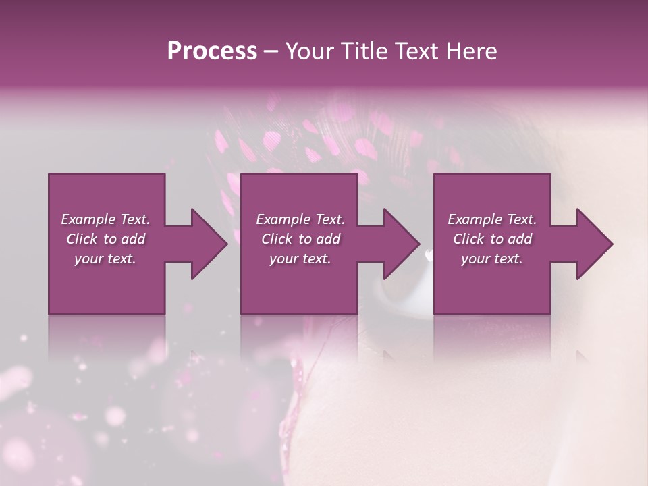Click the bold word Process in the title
click(212, 51)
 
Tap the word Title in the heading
click(365, 51)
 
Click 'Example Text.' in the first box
click(105, 219)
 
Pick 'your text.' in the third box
click(492, 259)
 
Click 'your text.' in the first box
click(105, 259)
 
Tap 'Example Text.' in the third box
click(492, 219)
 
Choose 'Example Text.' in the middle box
click(300, 219)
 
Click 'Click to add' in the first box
click(106, 239)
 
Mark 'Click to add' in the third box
click(493, 239)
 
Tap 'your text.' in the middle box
click(300, 259)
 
